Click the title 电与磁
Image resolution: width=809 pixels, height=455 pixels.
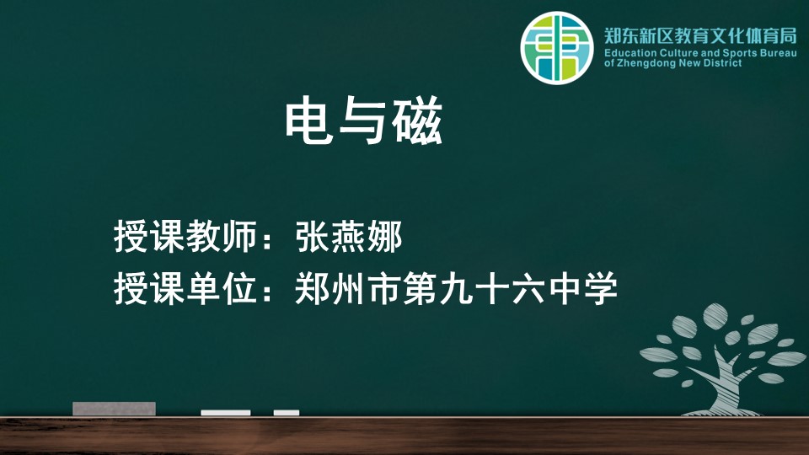pyautogui.click(x=364, y=120)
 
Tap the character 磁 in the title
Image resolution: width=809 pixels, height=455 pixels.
pyautogui.click(x=417, y=120)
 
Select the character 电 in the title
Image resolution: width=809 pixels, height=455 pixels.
pyautogui.click(x=308, y=120)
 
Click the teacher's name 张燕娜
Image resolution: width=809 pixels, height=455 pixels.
pyautogui.click(x=349, y=238)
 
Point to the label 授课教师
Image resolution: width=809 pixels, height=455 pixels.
pyautogui.click(x=185, y=238)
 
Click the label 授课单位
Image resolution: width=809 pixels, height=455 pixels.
pyautogui.click(x=185, y=288)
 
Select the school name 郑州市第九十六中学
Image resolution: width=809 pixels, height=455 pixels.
pyautogui.click(x=456, y=288)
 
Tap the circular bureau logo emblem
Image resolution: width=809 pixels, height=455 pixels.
pyautogui.click(x=557, y=48)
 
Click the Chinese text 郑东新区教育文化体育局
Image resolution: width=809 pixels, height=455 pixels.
pyautogui.click(x=700, y=36)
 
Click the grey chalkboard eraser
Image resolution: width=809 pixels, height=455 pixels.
pyautogui.click(x=114, y=409)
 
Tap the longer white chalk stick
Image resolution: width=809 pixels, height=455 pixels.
pyautogui.click(x=226, y=413)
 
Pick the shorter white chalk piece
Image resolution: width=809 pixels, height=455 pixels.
pyautogui.click(x=287, y=413)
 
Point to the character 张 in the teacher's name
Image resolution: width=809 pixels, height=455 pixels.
pyautogui.click(x=312, y=238)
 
